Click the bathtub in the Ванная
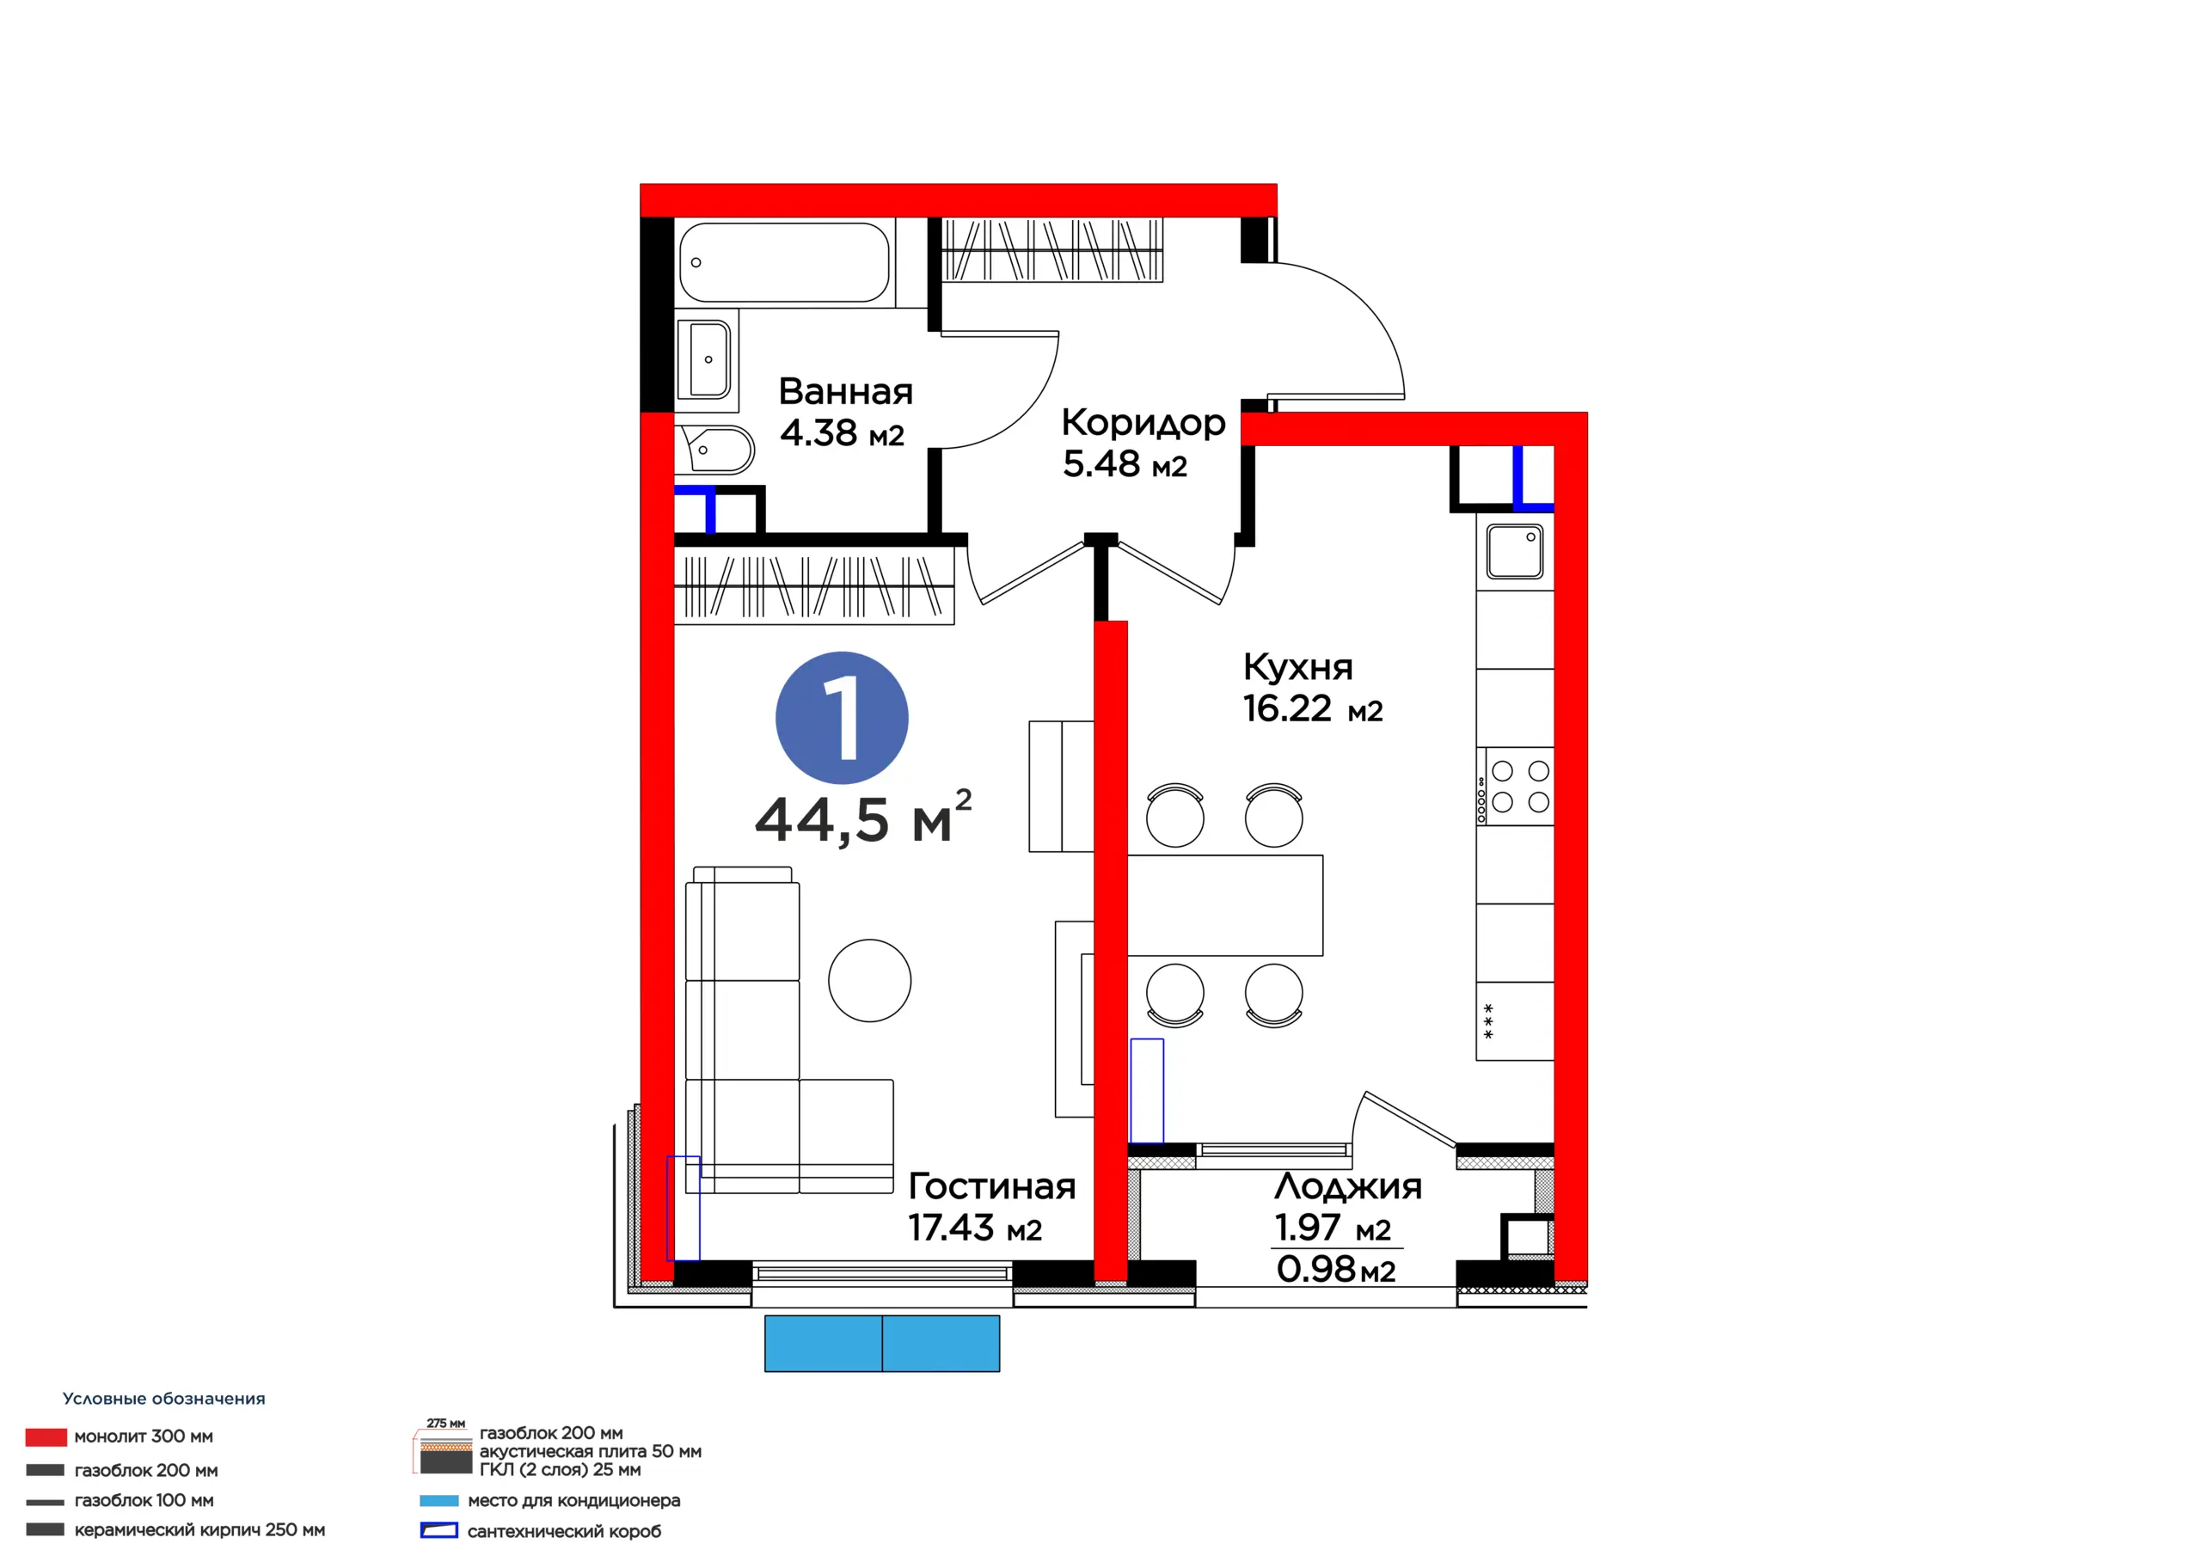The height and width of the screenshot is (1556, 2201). (785, 261)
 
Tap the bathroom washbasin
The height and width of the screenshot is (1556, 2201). (705, 359)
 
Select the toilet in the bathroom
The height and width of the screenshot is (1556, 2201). (715, 450)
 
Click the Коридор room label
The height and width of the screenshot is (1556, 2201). (1143, 423)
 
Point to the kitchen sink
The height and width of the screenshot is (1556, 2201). (1515, 551)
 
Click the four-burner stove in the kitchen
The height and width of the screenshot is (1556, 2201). (1516, 786)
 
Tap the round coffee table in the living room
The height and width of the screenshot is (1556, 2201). (869, 980)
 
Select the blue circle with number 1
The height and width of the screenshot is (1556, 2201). (842, 718)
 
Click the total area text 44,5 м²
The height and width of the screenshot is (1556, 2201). (862, 818)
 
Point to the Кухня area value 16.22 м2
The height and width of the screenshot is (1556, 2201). (1312, 709)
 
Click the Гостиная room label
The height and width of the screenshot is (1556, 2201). (992, 1186)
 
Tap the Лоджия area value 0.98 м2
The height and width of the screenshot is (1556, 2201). (1335, 1270)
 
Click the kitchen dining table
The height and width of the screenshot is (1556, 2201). (1225, 905)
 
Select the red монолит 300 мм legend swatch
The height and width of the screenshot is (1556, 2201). (46, 1437)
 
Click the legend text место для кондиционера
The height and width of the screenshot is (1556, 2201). (574, 1500)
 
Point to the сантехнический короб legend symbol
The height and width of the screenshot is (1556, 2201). (439, 1531)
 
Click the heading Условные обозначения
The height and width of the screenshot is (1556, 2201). (164, 1399)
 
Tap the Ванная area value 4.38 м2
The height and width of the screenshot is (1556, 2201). (842, 433)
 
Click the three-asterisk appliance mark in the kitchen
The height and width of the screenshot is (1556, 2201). (1489, 1022)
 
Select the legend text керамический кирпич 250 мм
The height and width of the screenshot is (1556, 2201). (199, 1530)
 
